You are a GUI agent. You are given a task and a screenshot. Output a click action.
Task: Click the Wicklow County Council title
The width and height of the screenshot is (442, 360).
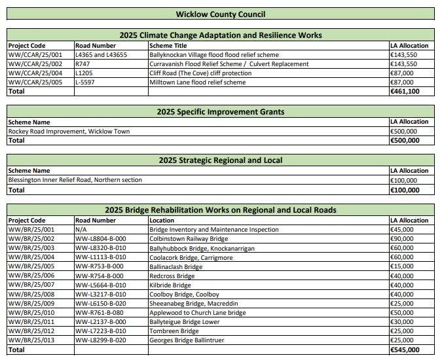[221, 14]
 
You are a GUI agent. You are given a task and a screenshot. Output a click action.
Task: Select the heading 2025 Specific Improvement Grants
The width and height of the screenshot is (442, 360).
[221, 112]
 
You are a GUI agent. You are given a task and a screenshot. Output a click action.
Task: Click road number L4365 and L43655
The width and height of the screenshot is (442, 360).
[101, 55]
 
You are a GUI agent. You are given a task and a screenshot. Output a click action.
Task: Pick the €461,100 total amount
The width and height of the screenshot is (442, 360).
[405, 92]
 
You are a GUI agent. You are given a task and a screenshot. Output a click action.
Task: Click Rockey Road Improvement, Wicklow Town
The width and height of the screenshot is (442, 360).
[69, 131]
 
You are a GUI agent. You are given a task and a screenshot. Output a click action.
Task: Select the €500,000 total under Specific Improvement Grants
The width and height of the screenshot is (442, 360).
[406, 141]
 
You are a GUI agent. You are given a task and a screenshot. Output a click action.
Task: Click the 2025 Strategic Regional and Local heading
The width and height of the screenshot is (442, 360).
[221, 160]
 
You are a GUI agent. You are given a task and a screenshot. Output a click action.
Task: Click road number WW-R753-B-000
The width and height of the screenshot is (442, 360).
[99, 267]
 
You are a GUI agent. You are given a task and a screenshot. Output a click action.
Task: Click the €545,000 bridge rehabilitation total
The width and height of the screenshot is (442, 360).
[406, 350]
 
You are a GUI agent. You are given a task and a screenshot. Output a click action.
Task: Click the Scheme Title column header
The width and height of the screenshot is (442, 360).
[168, 46]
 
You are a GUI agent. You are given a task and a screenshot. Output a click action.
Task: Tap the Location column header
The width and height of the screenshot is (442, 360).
[162, 221]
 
